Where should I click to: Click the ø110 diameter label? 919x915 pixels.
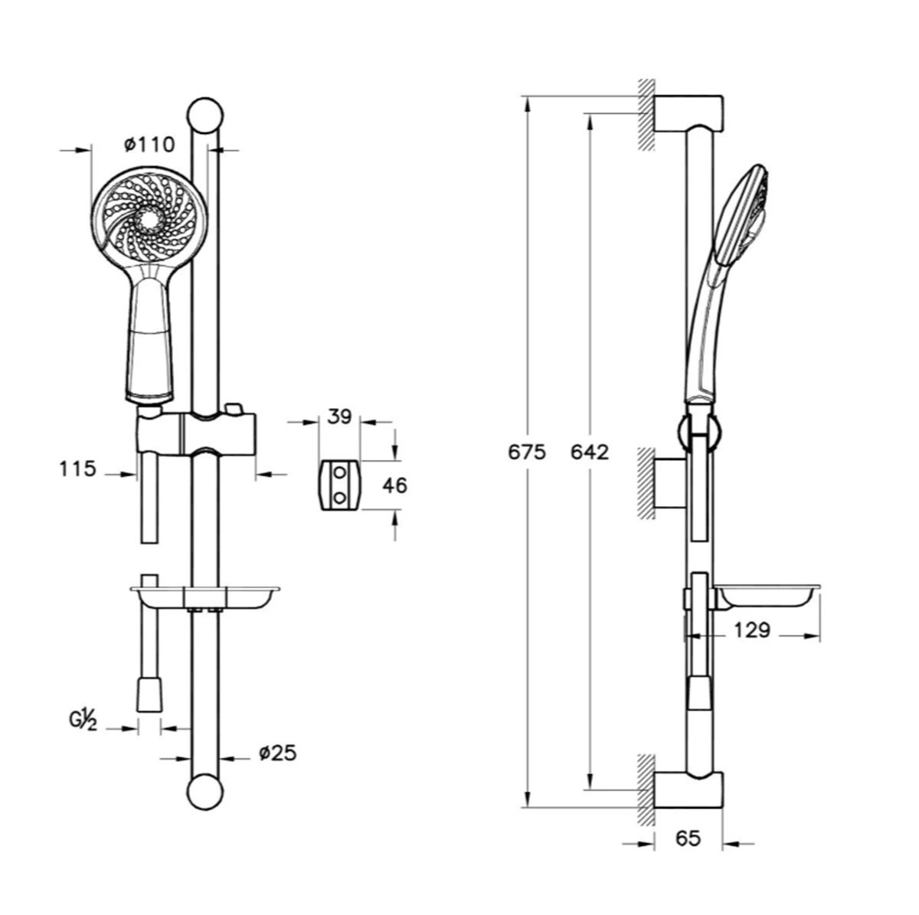150,145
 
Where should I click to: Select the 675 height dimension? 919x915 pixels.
526,452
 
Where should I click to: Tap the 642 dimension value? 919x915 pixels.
590,452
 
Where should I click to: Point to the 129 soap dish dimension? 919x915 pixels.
751,630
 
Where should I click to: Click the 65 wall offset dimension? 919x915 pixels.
688,838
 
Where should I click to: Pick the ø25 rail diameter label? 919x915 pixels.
277,753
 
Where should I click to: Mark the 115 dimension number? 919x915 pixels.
78,469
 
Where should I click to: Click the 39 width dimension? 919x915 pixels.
339,417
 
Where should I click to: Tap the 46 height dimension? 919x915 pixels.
395,485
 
